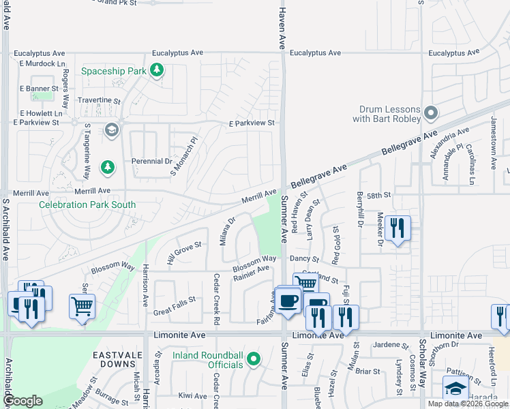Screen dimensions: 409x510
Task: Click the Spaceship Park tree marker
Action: click(x=157, y=70)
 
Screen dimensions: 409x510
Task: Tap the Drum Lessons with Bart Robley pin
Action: click(x=430, y=112)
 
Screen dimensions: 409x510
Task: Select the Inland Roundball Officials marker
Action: click(x=254, y=359)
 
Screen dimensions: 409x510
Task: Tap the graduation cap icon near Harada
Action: click(x=455, y=389)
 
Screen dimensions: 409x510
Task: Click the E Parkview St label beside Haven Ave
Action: click(x=251, y=123)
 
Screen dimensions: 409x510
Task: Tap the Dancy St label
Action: click(x=304, y=260)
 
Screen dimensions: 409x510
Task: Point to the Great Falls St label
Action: click(x=175, y=299)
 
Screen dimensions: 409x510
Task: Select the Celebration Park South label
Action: click(x=87, y=204)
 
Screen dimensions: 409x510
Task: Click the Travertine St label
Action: click(x=99, y=100)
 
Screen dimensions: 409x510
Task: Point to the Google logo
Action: click(x=22, y=401)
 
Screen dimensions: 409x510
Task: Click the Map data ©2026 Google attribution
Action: click(x=468, y=404)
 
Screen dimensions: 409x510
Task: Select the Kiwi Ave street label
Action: click(x=192, y=395)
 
